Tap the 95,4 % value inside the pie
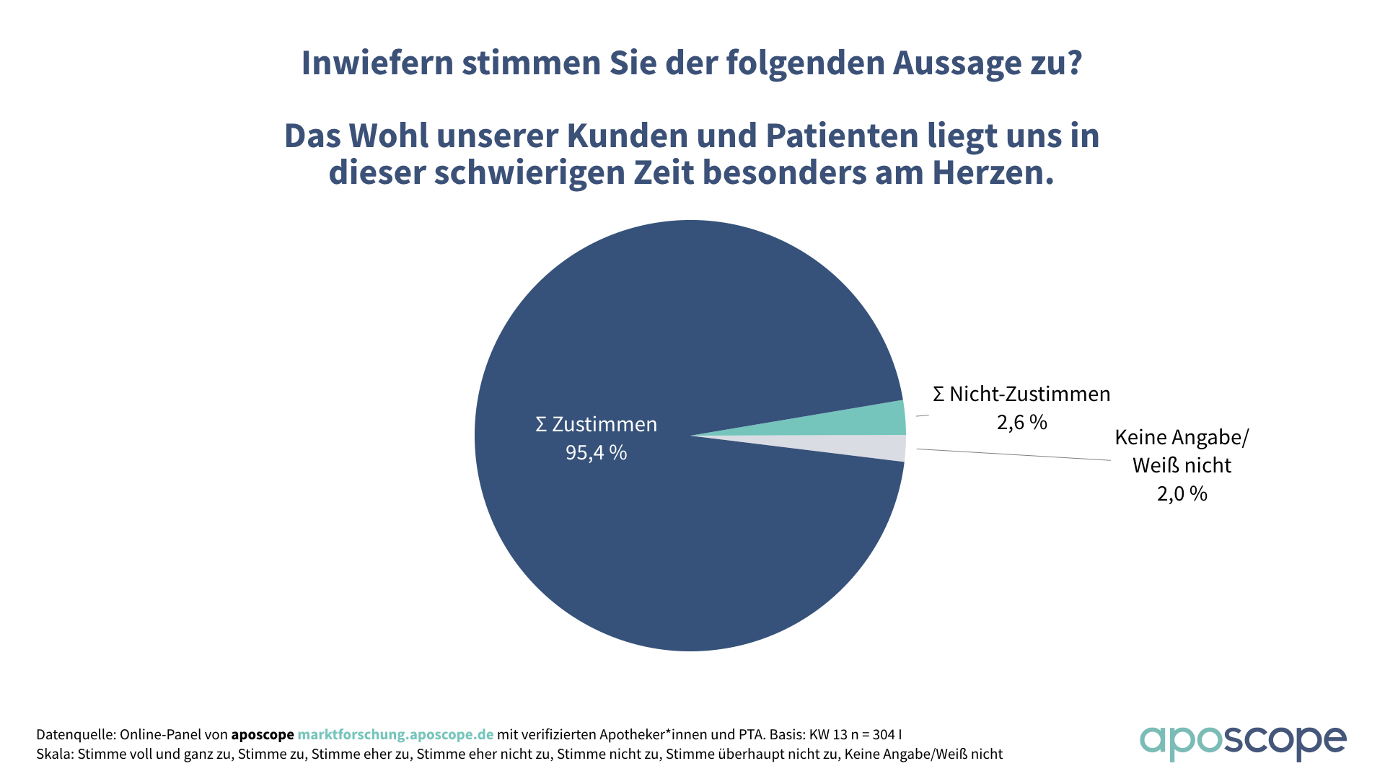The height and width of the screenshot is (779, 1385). coord(596,452)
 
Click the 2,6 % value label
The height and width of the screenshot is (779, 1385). coord(1021,422)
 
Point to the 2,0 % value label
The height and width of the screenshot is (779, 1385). coord(1182,493)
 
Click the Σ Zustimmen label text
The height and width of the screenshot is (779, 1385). coord(596,424)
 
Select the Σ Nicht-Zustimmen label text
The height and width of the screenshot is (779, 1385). coord(1021,394)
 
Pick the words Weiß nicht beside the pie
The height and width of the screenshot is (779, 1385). coord(1182,465)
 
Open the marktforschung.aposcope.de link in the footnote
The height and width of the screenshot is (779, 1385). coord(395,734)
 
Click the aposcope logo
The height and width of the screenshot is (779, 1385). coord(1242,741)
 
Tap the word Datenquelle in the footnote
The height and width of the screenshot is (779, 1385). coord(75,734)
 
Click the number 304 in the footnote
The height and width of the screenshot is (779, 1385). coord(884,734)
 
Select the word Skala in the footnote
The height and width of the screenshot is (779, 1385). coord(53,754)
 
